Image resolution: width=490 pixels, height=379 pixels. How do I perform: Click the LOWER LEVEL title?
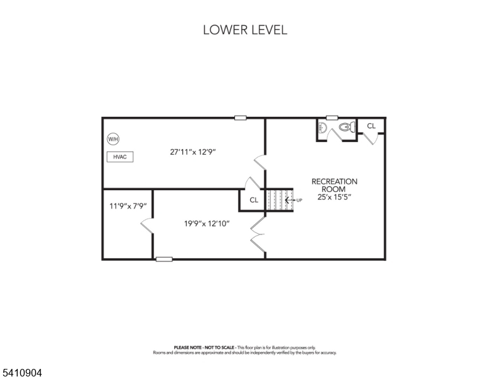[x=245, y=30]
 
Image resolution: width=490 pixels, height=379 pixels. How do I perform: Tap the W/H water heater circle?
[x=113, y=139]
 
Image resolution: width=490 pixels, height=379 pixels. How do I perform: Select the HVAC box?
[x=120, y=157]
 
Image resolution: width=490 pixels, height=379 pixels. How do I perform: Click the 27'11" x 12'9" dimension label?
[x=198, y=152]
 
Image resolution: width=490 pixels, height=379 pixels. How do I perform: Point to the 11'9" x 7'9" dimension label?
[x=128, y=206]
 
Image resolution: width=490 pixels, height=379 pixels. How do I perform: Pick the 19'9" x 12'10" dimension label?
[x=206, y=222]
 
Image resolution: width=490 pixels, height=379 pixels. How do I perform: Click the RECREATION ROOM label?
[x=334, y=185]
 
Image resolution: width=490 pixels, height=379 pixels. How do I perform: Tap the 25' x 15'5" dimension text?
[x=334, y=197]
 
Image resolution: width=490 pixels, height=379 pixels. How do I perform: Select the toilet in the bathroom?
[x=345, y=127]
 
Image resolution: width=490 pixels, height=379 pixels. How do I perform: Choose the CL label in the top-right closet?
[x=371, y=126]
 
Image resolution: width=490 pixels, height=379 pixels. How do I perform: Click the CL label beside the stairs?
[x=254, y=200]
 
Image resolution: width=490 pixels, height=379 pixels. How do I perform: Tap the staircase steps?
[x=276, y=200]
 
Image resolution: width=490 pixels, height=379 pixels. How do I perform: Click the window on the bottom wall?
[x=164, y=258]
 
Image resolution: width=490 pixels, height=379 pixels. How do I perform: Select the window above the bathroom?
[x=332, y=117]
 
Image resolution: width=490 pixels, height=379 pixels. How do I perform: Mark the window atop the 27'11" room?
[x=240, y=117]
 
